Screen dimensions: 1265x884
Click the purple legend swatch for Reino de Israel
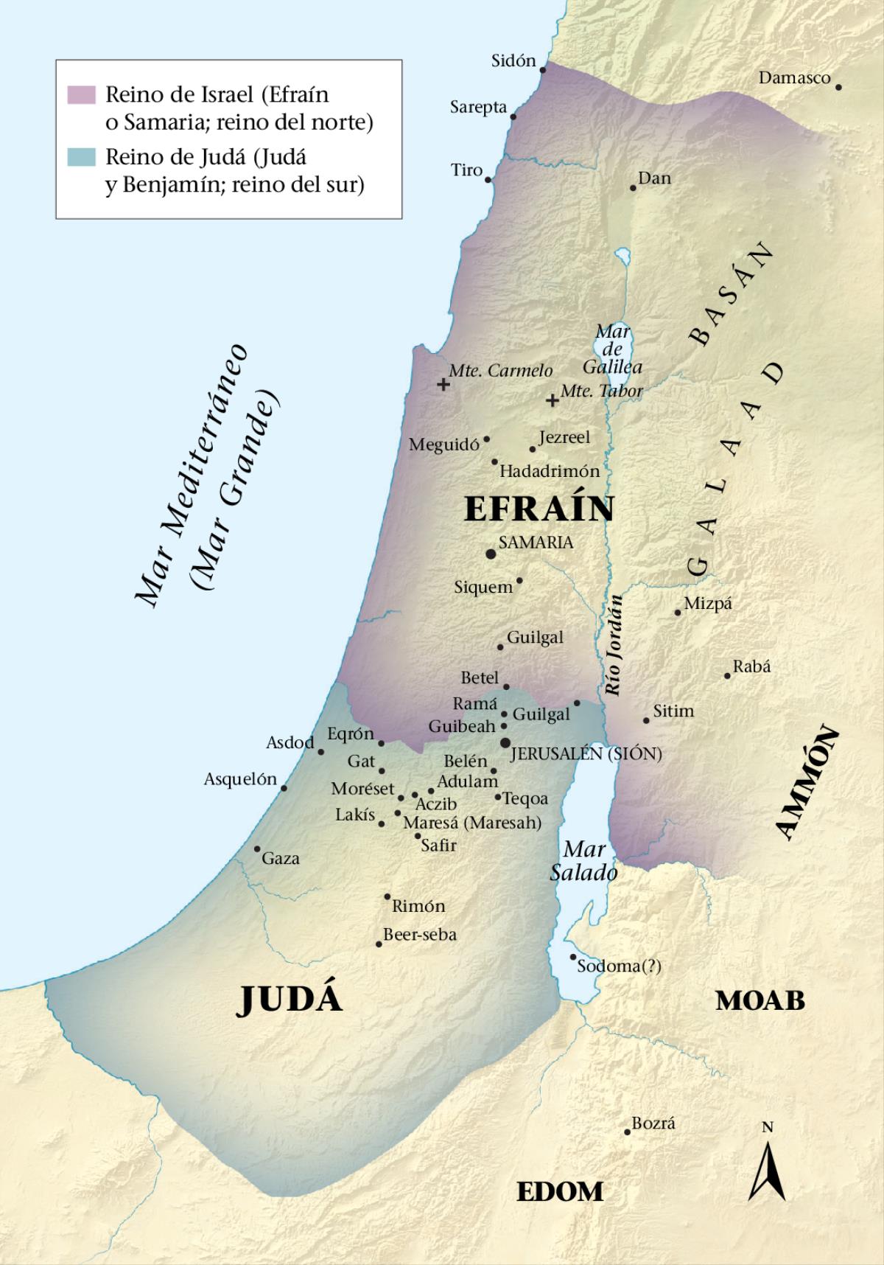coord(81,94)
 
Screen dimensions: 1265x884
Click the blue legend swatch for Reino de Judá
coord(81,157)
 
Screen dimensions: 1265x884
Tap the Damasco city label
coord(794,77)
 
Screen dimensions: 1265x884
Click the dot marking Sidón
coord(543,70)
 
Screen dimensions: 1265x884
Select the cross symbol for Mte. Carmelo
coord(443,384)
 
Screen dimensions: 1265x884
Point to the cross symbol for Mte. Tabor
coord(552,400)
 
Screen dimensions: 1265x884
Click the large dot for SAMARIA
coord(491,553)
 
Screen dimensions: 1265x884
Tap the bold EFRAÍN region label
coord(539,509)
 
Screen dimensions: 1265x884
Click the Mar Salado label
coord(583,861)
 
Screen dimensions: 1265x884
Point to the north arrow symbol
coord(767,1168)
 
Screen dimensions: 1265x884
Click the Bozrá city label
coord(653,1123)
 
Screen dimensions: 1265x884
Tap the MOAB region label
coord(760,1000)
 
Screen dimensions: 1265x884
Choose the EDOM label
coord(559,1191)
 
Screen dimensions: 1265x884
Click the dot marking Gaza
coord(257,849)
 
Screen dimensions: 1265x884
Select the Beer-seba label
coord(420,934)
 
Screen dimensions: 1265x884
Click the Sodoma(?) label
coord(619,966)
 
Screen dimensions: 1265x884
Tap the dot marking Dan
coord(633,188)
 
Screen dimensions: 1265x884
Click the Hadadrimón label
coord(550,470)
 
